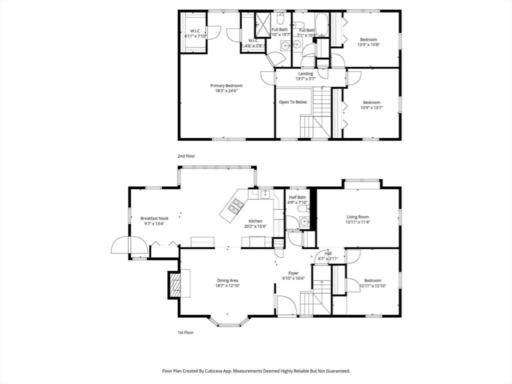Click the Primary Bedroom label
[x=226, y=85]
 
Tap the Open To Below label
[x=293, y=102]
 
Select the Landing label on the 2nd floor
[x=305, y=74]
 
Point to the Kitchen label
[x=255, y=221]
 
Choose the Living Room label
[x=358, y=216]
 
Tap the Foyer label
[x=293, y=273]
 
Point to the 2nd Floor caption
[x=186, y=156]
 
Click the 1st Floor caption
[x=185, y=332]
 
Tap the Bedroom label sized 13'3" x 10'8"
[x=368, y=39]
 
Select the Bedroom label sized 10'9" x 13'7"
[x=371, y=102]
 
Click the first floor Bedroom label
[x=372, y=280]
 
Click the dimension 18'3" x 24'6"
[x=226, y=91]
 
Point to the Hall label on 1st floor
[x=328, y=253]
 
